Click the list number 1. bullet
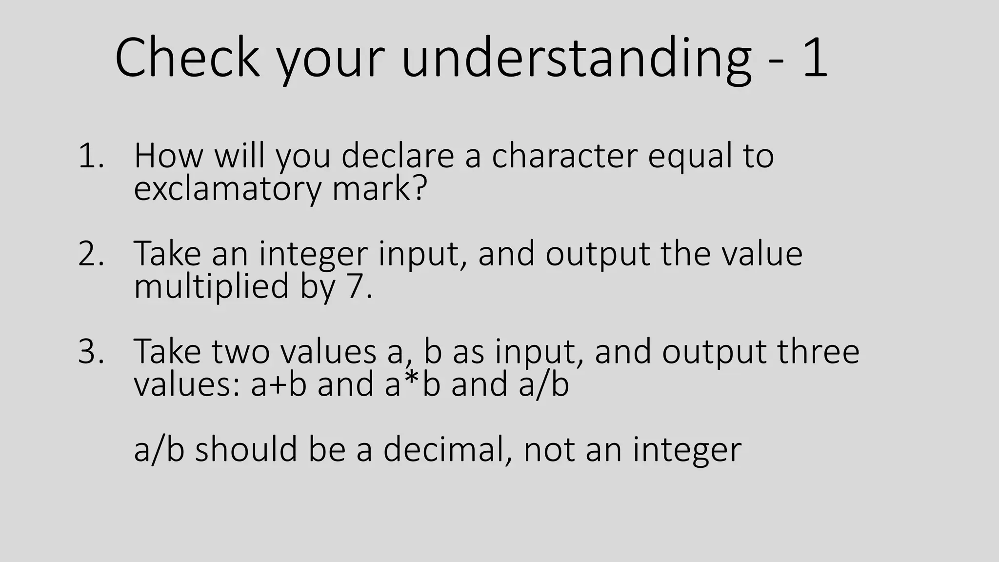coord(91,157)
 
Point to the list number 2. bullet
coord(91,254)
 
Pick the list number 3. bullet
coord(91,352)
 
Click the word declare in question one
coord(398,156)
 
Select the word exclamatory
coord(227,188)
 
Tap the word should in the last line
coord(246,449)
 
